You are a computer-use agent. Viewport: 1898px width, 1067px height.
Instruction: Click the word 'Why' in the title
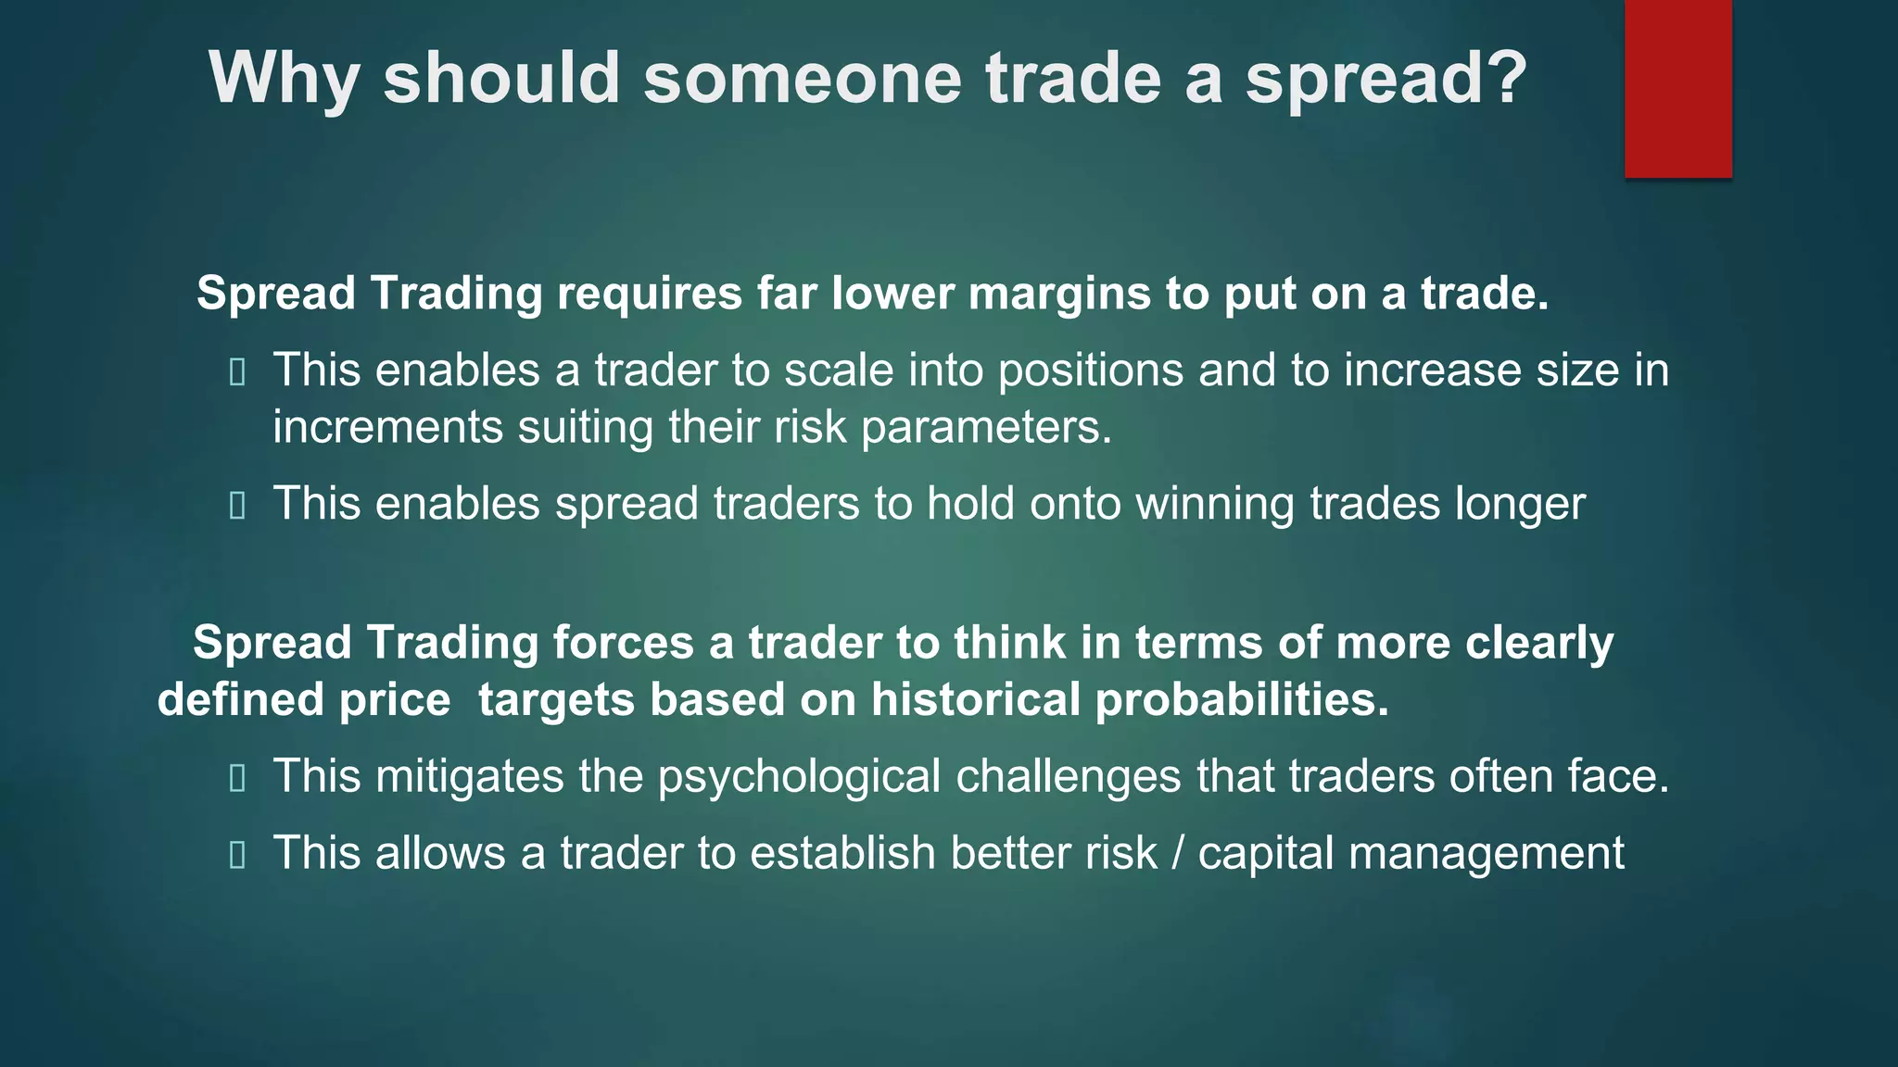pos(284,79)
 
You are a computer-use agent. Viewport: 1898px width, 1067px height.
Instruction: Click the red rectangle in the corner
pos(1677,89)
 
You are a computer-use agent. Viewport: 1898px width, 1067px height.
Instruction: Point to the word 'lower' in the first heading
pos(892,294)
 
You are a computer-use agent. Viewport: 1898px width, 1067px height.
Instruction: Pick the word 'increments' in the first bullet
pos(387,427)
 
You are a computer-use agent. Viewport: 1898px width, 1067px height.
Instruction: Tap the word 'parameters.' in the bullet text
pos(986,427)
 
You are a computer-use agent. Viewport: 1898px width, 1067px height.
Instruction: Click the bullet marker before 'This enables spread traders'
pos(237,506)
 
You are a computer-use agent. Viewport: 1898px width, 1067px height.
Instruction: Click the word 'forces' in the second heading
pos(623,643)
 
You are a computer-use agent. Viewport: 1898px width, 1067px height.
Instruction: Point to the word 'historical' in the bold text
pos(975,699)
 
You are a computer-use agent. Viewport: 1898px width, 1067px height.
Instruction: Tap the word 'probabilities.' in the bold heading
pos(1242,699)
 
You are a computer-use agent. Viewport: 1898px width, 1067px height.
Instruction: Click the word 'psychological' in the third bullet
pos(799,776)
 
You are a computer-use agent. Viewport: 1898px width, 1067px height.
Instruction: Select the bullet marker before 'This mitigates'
pos(237,778)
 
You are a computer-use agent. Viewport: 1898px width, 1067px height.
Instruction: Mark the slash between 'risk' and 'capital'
pos(1177,853)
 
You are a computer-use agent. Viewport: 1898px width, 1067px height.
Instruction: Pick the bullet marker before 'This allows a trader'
pos(237,855)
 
